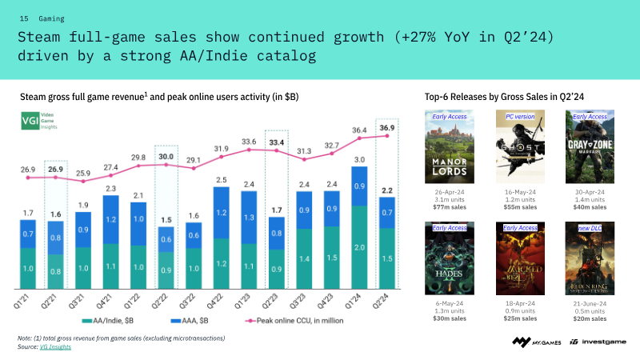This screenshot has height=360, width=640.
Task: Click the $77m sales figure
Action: pos(450,206)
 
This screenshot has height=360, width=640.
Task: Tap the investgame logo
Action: pos(598,342)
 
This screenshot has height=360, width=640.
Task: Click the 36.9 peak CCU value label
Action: pos(388,127)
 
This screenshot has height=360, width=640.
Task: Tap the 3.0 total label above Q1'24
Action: pos(360,159)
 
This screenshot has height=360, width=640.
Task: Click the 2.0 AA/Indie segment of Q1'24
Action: pos(360,248)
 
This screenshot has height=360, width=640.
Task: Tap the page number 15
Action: pos(24,17)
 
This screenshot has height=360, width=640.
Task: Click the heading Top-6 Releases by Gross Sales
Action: pos(504,97)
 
